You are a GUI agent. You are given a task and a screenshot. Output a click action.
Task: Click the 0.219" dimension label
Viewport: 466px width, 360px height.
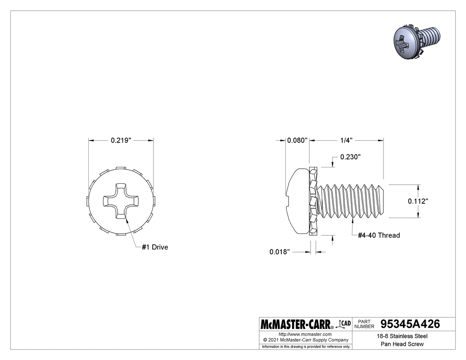(x=121, y=140)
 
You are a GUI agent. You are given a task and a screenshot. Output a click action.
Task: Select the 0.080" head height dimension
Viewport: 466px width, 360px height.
(x=297, y=140)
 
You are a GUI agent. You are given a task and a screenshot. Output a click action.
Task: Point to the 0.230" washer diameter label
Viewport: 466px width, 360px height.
(x=350, y=157)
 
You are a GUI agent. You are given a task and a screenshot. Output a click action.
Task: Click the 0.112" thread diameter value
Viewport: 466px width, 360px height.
(x=418, y=201)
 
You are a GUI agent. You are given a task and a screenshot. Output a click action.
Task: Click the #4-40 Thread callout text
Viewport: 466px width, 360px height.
(x=379, y=235)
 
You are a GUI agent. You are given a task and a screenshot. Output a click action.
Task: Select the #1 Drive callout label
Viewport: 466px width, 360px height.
(x=155, y=247)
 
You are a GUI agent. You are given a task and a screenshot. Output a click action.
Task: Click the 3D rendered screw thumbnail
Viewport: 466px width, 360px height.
(x=417, y=43)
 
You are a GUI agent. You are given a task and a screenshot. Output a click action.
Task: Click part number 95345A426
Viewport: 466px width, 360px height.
(x=411, y=324)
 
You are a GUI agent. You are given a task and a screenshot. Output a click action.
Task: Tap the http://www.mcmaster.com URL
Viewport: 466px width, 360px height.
(x=305, y=334)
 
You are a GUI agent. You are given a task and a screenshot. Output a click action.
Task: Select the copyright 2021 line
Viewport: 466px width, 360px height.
(x=305, y=340)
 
